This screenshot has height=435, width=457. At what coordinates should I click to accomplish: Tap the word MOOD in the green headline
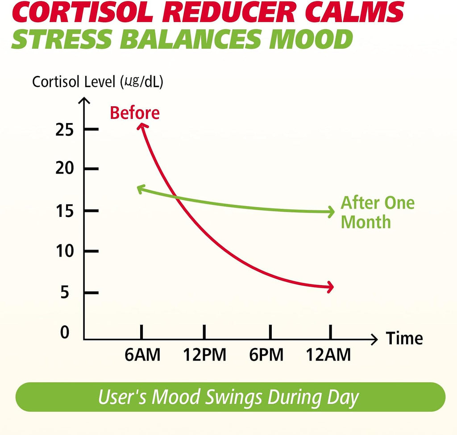311,39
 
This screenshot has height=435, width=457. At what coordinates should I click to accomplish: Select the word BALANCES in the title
191,39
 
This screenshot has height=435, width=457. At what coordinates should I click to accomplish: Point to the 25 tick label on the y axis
64,129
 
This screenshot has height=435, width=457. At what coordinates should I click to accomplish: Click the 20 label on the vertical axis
64,168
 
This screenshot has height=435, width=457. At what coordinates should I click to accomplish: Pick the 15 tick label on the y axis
65,211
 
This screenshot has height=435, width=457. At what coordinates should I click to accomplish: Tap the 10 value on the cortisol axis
65,251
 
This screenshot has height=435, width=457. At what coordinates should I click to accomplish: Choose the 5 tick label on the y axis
65,292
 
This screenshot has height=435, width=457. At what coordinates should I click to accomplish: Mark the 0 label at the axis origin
65,332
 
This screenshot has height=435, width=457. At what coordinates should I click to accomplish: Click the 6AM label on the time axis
142,355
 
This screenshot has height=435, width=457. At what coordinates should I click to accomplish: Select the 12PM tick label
204,355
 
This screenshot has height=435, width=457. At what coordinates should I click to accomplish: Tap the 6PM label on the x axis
266,355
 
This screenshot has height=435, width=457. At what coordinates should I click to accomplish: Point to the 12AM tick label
328,355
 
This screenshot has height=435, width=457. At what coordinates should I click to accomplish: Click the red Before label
135,113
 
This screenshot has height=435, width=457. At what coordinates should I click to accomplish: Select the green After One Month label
378,212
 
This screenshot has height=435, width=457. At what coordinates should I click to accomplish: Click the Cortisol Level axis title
98,82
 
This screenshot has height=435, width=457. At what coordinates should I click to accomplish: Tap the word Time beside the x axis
404,338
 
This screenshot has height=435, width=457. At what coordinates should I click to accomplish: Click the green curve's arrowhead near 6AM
141,189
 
